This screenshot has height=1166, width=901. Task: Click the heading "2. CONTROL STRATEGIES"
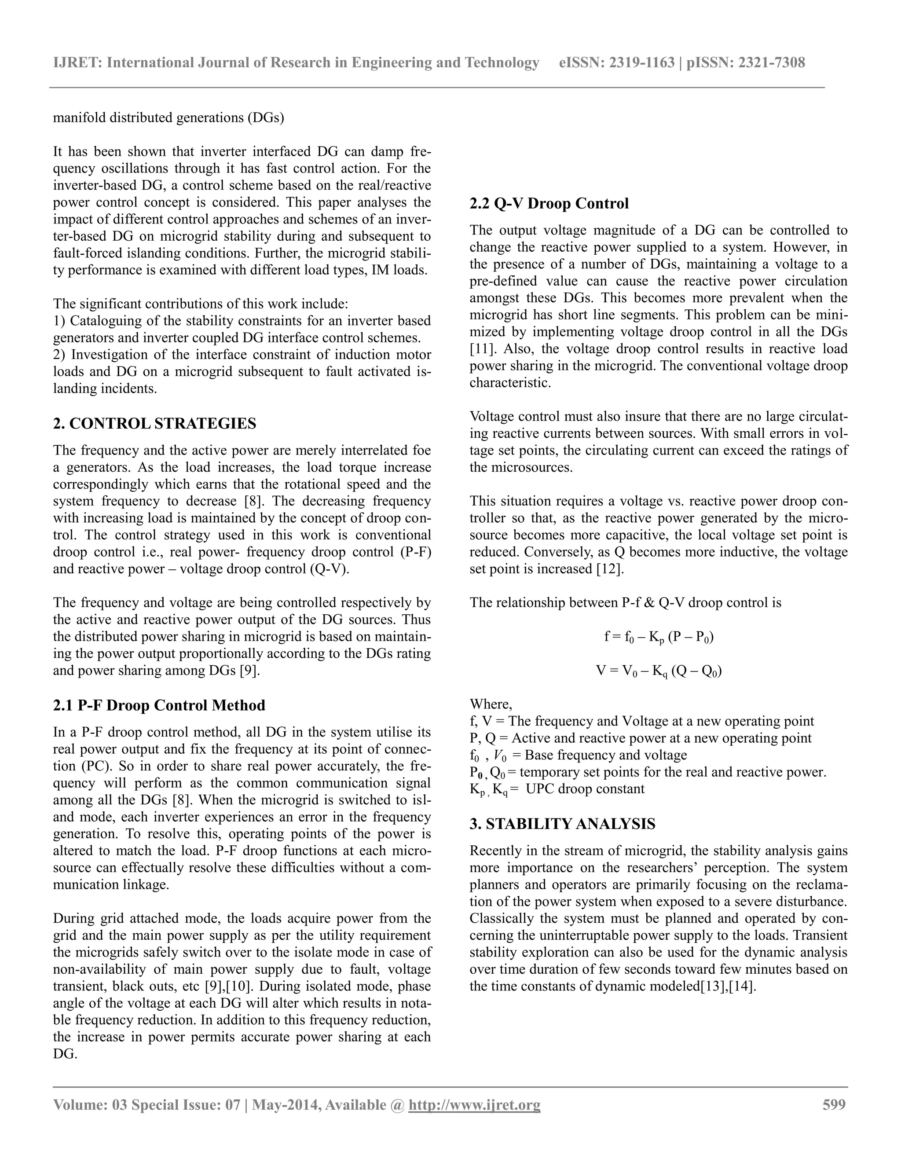pos(154,424)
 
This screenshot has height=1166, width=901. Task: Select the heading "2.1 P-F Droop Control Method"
pos(159,705)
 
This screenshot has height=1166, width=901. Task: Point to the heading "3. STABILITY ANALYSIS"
pos(562,824)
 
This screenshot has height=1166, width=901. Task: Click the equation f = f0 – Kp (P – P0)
pos(659,638)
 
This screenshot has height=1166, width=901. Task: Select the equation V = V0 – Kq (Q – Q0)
pos(659,671)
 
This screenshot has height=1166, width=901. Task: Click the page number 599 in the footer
pos(834,1104)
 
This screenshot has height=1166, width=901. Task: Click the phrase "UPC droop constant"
pos(585,789)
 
